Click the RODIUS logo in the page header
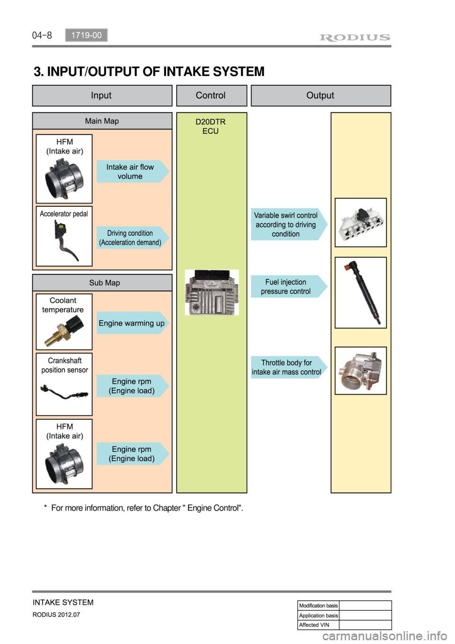click(x=355, y=37)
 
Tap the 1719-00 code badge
click(x=86, y=35)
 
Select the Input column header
click(x=102, y=95)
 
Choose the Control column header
click(x=211, y=95)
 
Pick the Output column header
click(x=320, y=95)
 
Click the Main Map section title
click(x=102, y=121)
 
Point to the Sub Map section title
click(x=104, y=283)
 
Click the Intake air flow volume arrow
click(x=132, y=172)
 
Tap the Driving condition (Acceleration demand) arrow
click(x=132, y=238)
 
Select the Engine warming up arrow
click(x=132, y=323)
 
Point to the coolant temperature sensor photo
click(x=64, y=331)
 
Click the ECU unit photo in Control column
click(x=211, y=292)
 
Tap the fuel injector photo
click(x=361, y=293)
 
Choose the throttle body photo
click(x=361, y=371)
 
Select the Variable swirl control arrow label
click(x=287, y=224)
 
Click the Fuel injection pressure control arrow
click(x=287, y=286)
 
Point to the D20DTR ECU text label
click(x=211, y=126)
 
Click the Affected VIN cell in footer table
click(x=318, y=625)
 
